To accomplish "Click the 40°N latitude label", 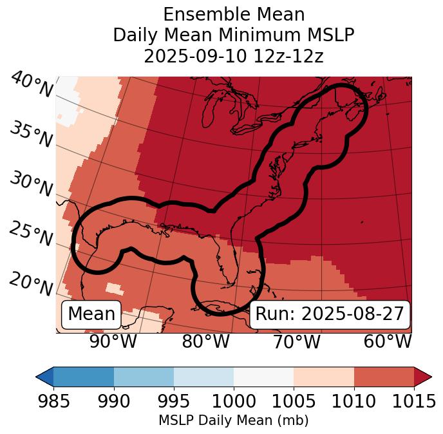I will (31, 85).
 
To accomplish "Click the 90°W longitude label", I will (113, 342).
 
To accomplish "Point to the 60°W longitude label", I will (387, 342).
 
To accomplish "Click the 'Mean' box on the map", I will (91, 314).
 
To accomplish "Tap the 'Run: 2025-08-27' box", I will (330, 314).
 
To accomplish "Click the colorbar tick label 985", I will (53, 402).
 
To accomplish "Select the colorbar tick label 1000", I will (234, 402).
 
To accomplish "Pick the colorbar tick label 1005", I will (294, 402).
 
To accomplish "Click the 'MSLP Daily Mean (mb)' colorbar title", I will (234, 421).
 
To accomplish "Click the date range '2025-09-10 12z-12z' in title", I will (234, 56).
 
